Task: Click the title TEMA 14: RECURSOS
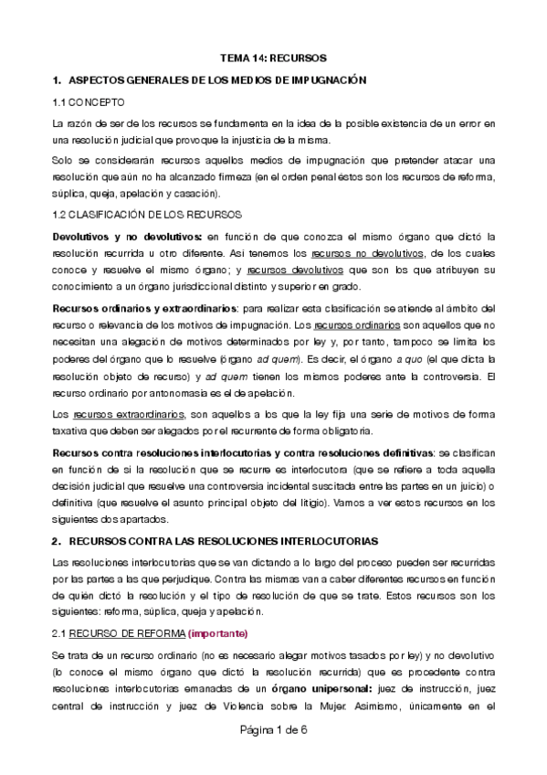pyautogui.click(x=273, y=57)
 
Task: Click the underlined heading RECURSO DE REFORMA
pyautogui.click(x=127, y=633)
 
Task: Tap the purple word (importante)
pyautogui.click(x=216, y=633)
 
